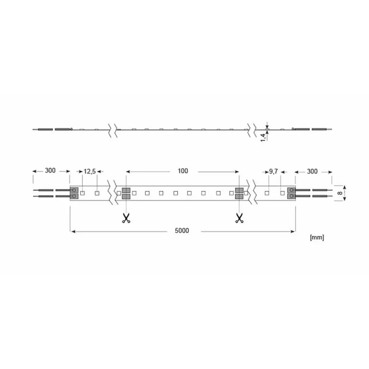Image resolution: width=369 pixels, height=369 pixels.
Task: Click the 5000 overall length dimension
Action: pyautogui.click(x=182, y=231)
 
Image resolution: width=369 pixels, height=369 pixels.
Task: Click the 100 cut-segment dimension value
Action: pyautogui.click(x=183, y=171)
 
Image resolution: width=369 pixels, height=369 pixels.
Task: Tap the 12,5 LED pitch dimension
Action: pyautogui.click(x=90, y=171)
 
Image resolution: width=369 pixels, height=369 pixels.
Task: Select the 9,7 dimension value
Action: pyautogui.click(x=273, y=172)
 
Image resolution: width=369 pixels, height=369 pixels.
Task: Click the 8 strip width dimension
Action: pyautogui.click(x=339, y=193)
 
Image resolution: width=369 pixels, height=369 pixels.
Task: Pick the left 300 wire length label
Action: pyautogui.click(x=50, y=170)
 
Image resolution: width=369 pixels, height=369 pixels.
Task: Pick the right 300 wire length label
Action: pyautogui.click(x=312, y=171)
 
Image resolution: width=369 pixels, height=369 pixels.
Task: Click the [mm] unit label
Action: pyautogui.click(x=317, y=237)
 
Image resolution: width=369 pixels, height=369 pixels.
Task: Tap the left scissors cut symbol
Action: pyautogui.click(x=126, y=218)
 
